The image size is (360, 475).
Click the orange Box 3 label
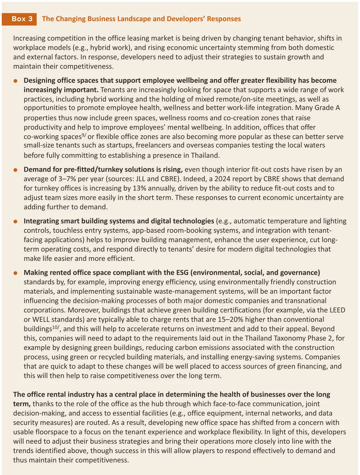21,19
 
